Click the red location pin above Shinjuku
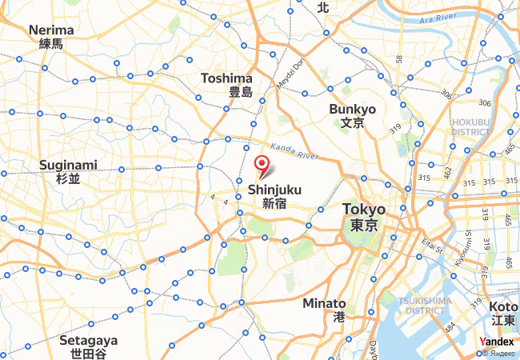[262, 166]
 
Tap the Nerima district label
[51, 37]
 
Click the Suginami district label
[68, 172]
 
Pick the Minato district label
[325, 310]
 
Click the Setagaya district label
[88, 346]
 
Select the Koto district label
[503, 313]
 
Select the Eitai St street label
[433, 245]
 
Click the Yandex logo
[497, 342]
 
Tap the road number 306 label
[484, 103]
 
